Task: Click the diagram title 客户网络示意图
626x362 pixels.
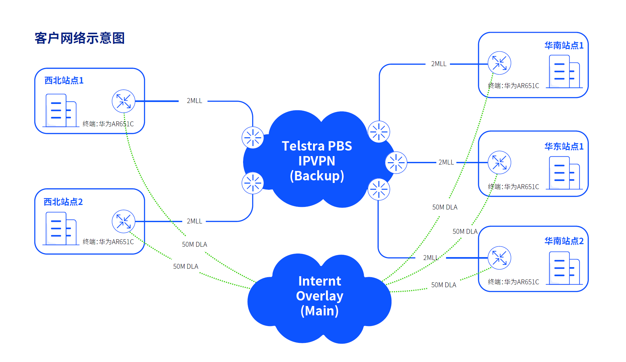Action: pyautogui.click(x=80, y=38)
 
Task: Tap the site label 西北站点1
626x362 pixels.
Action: pyautogui.click(x=64, y=80)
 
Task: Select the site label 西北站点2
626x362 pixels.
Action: pyautogui.click(x=63, y=202)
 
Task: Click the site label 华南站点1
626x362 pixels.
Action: pyautogui.click(x=564, y=45)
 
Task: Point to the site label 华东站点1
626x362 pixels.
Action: pyautogui.click(x=564, y=146)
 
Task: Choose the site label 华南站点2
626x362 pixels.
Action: pyautogui.click(x=564, y=241)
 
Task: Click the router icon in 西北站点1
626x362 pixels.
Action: pyautogui.click(x=123, y=101)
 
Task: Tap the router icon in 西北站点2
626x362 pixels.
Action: pyautogui.click(x=123, y=221)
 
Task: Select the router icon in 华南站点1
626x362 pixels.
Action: pyautogui.click(x=499, y=63)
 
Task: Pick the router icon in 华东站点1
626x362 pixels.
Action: pyautogui.click(x=499, y=163)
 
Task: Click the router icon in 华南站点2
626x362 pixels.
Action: pyautogui.click(x=499, y=258)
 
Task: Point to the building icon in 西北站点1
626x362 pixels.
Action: pyautogui.click(x=61, y=110)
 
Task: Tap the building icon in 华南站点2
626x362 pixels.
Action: pyautogui.click(x=564, y=268)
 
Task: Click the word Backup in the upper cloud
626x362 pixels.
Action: pyautogui.click(x=317, y=176)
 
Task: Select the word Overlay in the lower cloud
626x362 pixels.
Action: pyautogui.click(x=319, y=296)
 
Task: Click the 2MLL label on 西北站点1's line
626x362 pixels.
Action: pyautogui.click(x=194, y=101)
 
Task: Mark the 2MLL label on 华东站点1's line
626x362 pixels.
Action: pyautogui.click(x=446, y=162)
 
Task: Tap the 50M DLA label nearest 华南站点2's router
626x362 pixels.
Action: pyautogui.click(x=443, y=285)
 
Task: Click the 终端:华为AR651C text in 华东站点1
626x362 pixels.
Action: pyautogui.click(x=513, y=187)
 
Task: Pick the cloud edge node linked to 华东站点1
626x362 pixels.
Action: pyautogui.click(x=396, y=163)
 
